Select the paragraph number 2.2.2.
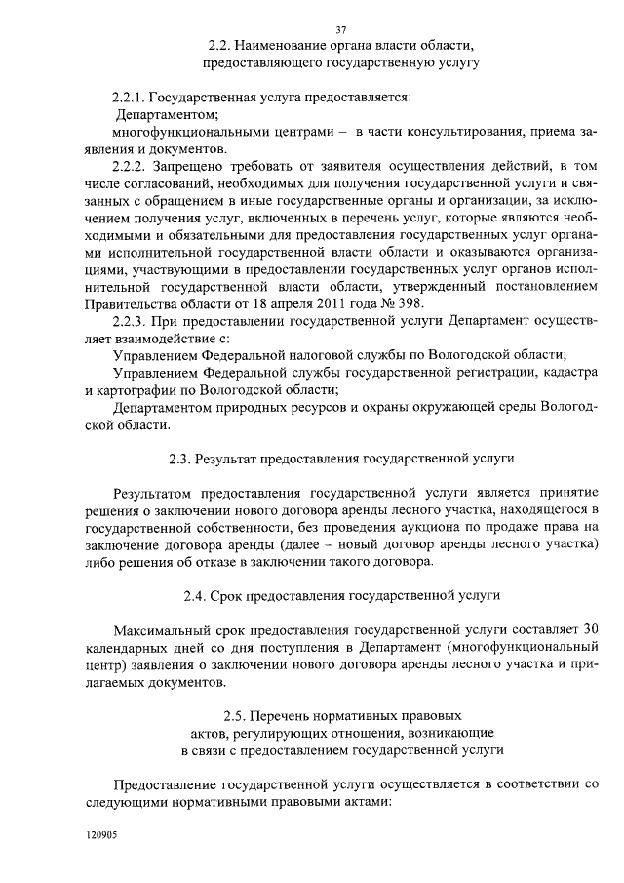pyautogui.click(x=133, y=167)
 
